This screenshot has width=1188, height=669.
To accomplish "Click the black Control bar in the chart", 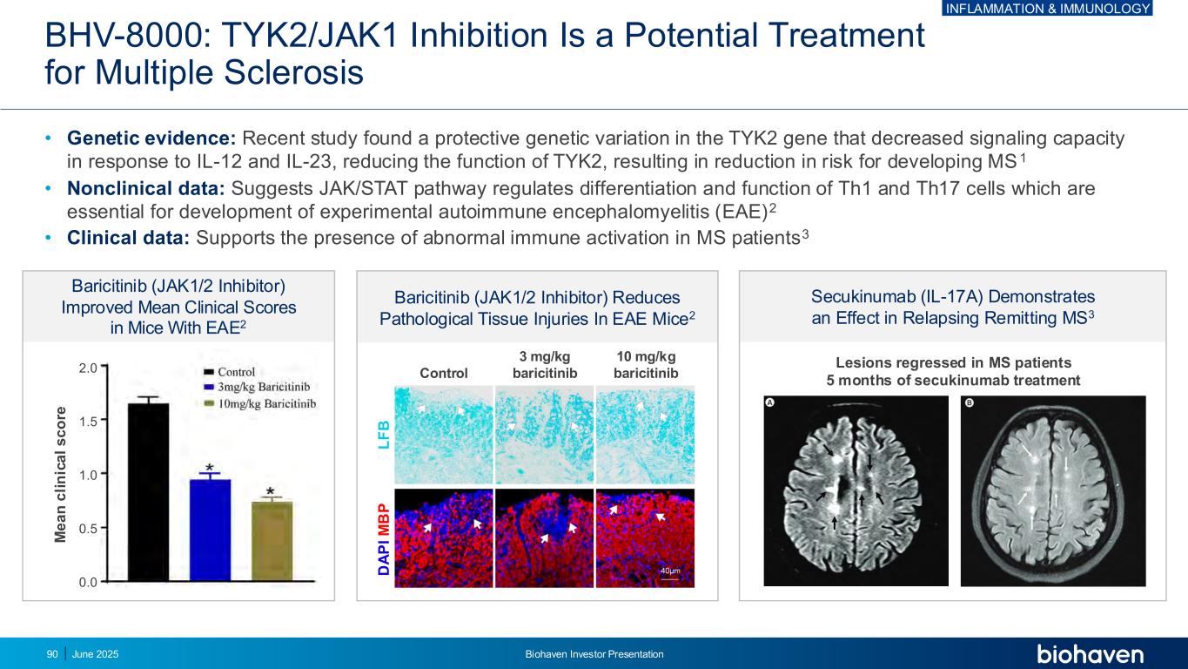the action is click(149, 491).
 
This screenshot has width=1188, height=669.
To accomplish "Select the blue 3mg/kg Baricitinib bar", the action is click(210, 530).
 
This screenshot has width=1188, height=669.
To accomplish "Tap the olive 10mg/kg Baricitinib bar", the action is click(272, 541).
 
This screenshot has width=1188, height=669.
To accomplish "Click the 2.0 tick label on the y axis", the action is click(88, 368).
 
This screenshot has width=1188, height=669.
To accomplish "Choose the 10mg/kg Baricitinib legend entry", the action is click(260, 403).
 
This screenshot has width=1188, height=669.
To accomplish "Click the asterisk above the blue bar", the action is click(210, 467).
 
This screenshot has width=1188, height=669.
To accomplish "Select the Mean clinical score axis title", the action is click(60, 474).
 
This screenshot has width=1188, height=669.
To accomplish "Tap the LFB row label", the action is click(384, 435).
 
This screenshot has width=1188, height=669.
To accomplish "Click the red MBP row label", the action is click(384, 519).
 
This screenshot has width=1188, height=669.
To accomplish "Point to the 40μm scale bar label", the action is click(670, 571).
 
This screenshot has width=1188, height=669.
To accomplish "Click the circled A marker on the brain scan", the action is click(770, 402).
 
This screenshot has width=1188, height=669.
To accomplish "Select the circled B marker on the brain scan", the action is click(970, 402).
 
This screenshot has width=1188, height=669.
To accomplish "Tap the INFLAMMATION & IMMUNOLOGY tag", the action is click(1048, 8).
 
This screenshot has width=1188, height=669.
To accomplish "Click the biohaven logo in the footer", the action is click(1090, 654).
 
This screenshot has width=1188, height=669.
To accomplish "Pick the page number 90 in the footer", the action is click(52, 654).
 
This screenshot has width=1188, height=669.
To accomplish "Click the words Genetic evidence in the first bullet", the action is click(151, 138).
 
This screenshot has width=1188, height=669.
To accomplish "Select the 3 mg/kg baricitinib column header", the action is click(545, 365).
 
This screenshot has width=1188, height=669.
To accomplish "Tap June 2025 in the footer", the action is click(96, 654).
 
